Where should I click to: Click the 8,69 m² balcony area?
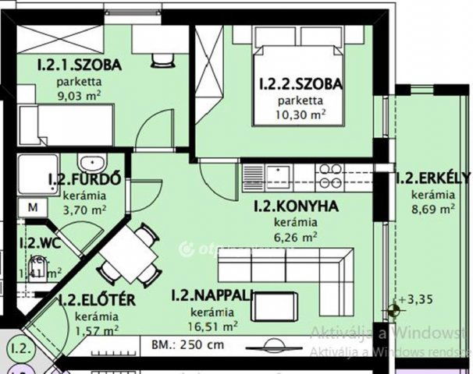point(433,208)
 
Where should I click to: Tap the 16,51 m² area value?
point(212,326)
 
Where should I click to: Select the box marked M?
point(33,208)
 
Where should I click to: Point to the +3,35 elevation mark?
point(418,298)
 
